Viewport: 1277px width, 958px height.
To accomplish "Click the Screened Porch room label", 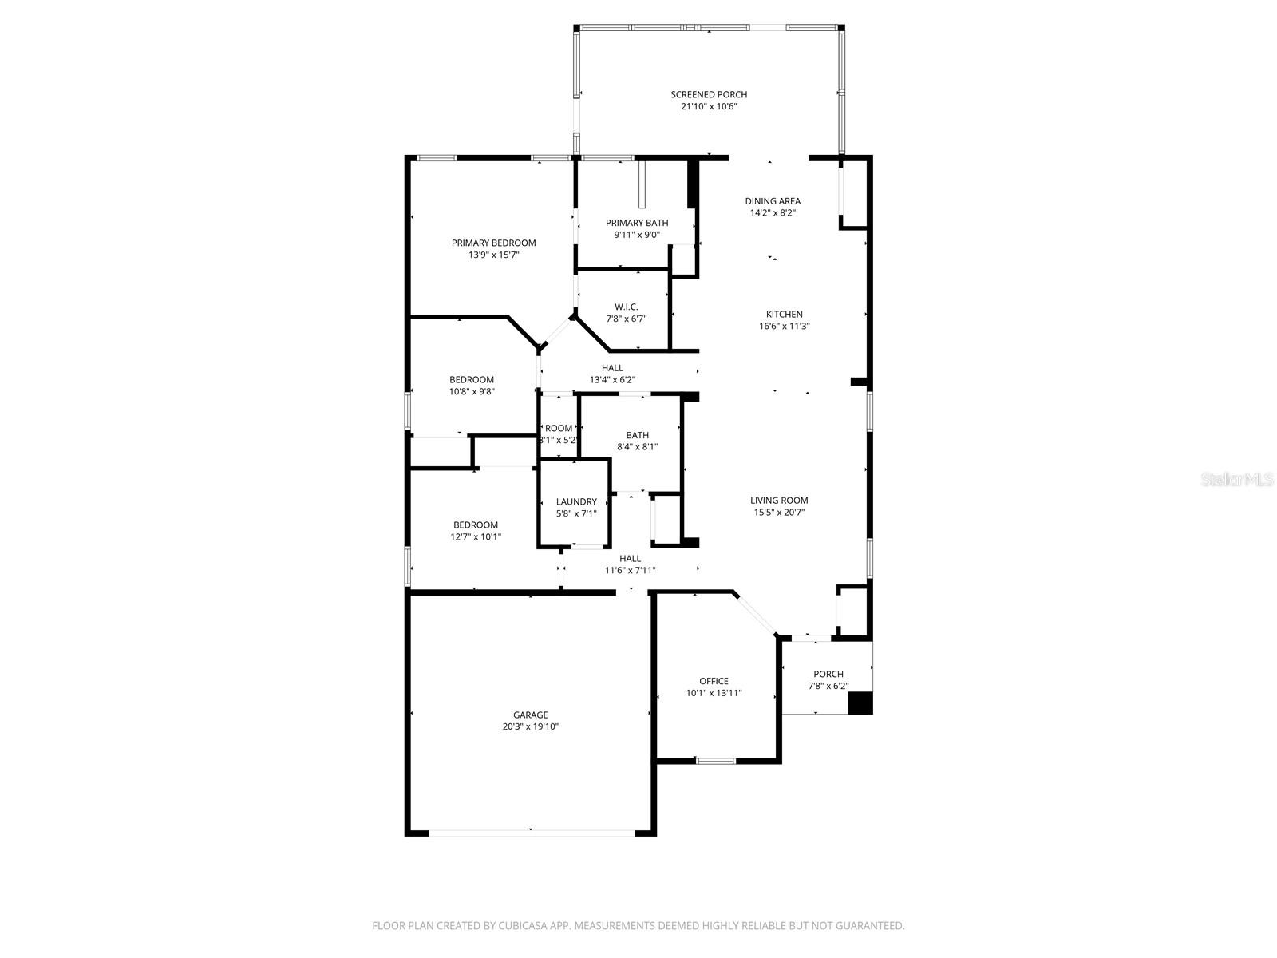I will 709,94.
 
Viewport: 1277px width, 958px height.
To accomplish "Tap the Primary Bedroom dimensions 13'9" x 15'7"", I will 493,255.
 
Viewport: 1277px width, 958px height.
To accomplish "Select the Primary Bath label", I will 637,223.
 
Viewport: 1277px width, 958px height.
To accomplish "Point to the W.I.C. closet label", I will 626,307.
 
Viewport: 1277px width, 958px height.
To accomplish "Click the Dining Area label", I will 773,201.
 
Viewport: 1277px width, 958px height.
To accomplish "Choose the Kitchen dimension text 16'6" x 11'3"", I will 785,326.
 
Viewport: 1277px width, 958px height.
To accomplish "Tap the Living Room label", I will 779,501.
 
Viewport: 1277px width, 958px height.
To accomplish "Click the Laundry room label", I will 576,501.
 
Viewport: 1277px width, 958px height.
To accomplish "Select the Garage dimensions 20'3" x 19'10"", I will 530,726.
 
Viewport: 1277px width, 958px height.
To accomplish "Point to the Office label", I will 714,681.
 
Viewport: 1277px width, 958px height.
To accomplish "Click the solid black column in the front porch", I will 860,703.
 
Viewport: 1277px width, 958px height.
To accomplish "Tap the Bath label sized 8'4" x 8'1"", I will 637,435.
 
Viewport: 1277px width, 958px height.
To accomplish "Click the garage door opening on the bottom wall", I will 532,833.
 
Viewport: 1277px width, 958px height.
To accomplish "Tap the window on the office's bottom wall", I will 715,761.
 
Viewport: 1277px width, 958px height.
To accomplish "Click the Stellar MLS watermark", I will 1238,479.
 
